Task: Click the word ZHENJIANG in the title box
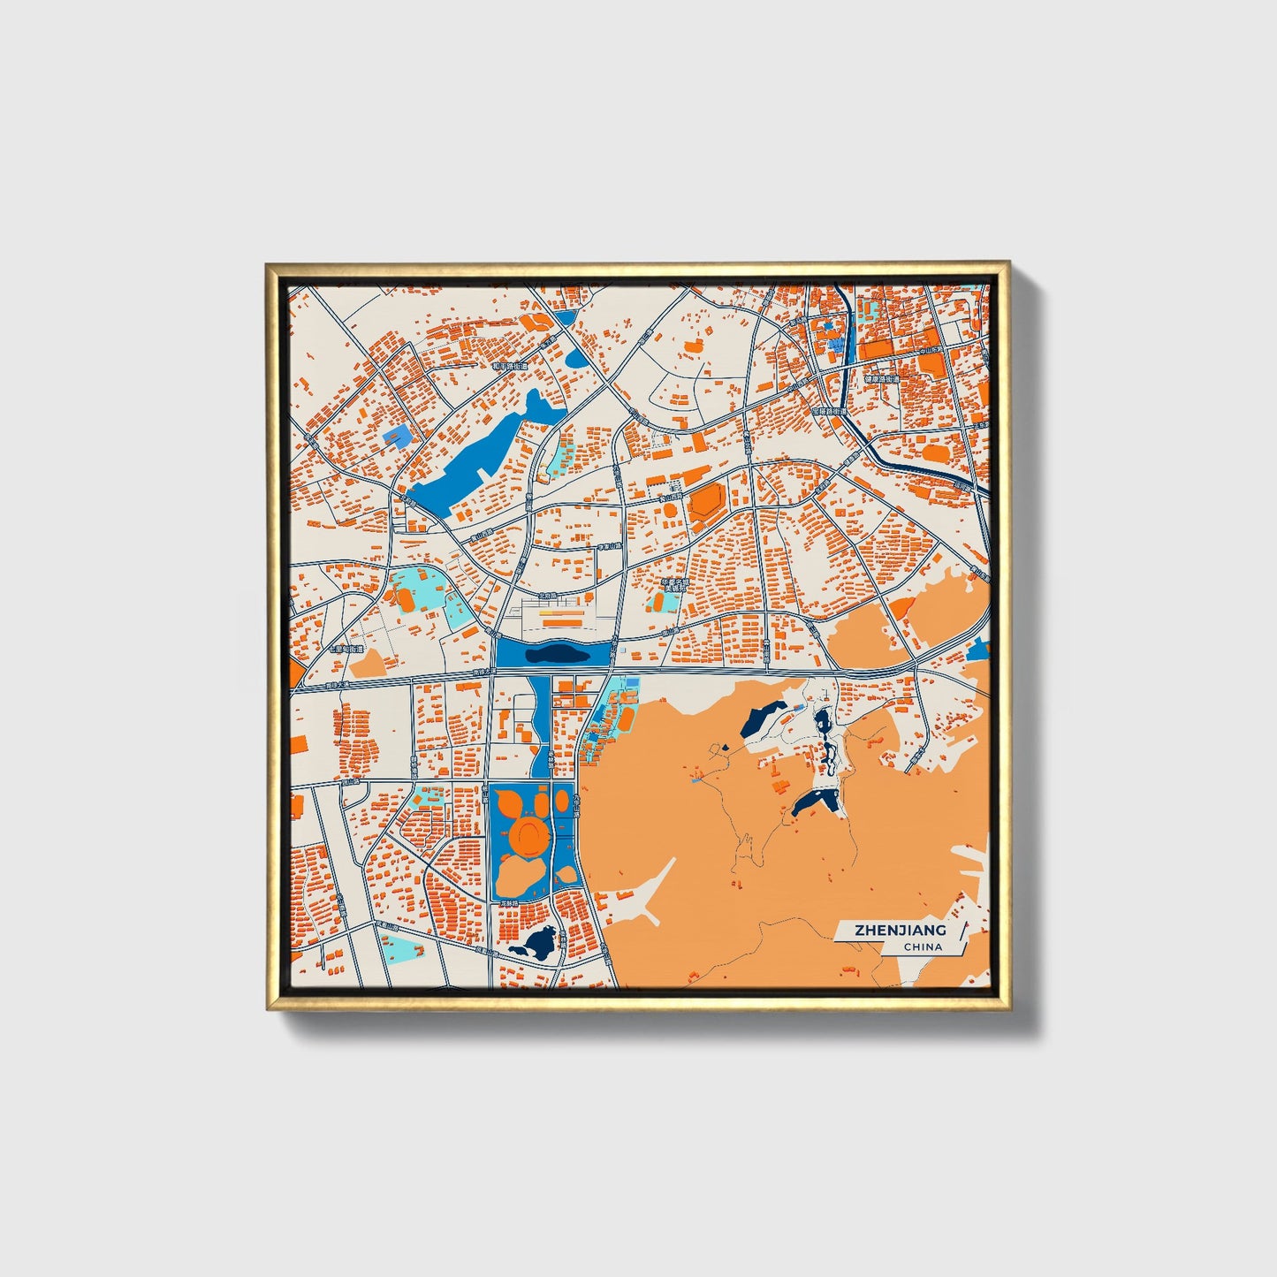(900, 930)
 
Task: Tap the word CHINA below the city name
(923, 947)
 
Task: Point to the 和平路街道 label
(509, 366)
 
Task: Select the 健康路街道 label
(881, 379)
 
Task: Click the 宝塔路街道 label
(829, 411)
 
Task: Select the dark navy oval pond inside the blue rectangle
(554, 654)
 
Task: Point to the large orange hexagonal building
(706, 502)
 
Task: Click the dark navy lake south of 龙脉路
(535, 943)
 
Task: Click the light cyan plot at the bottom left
(403, 949)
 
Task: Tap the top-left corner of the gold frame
(268, 264)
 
